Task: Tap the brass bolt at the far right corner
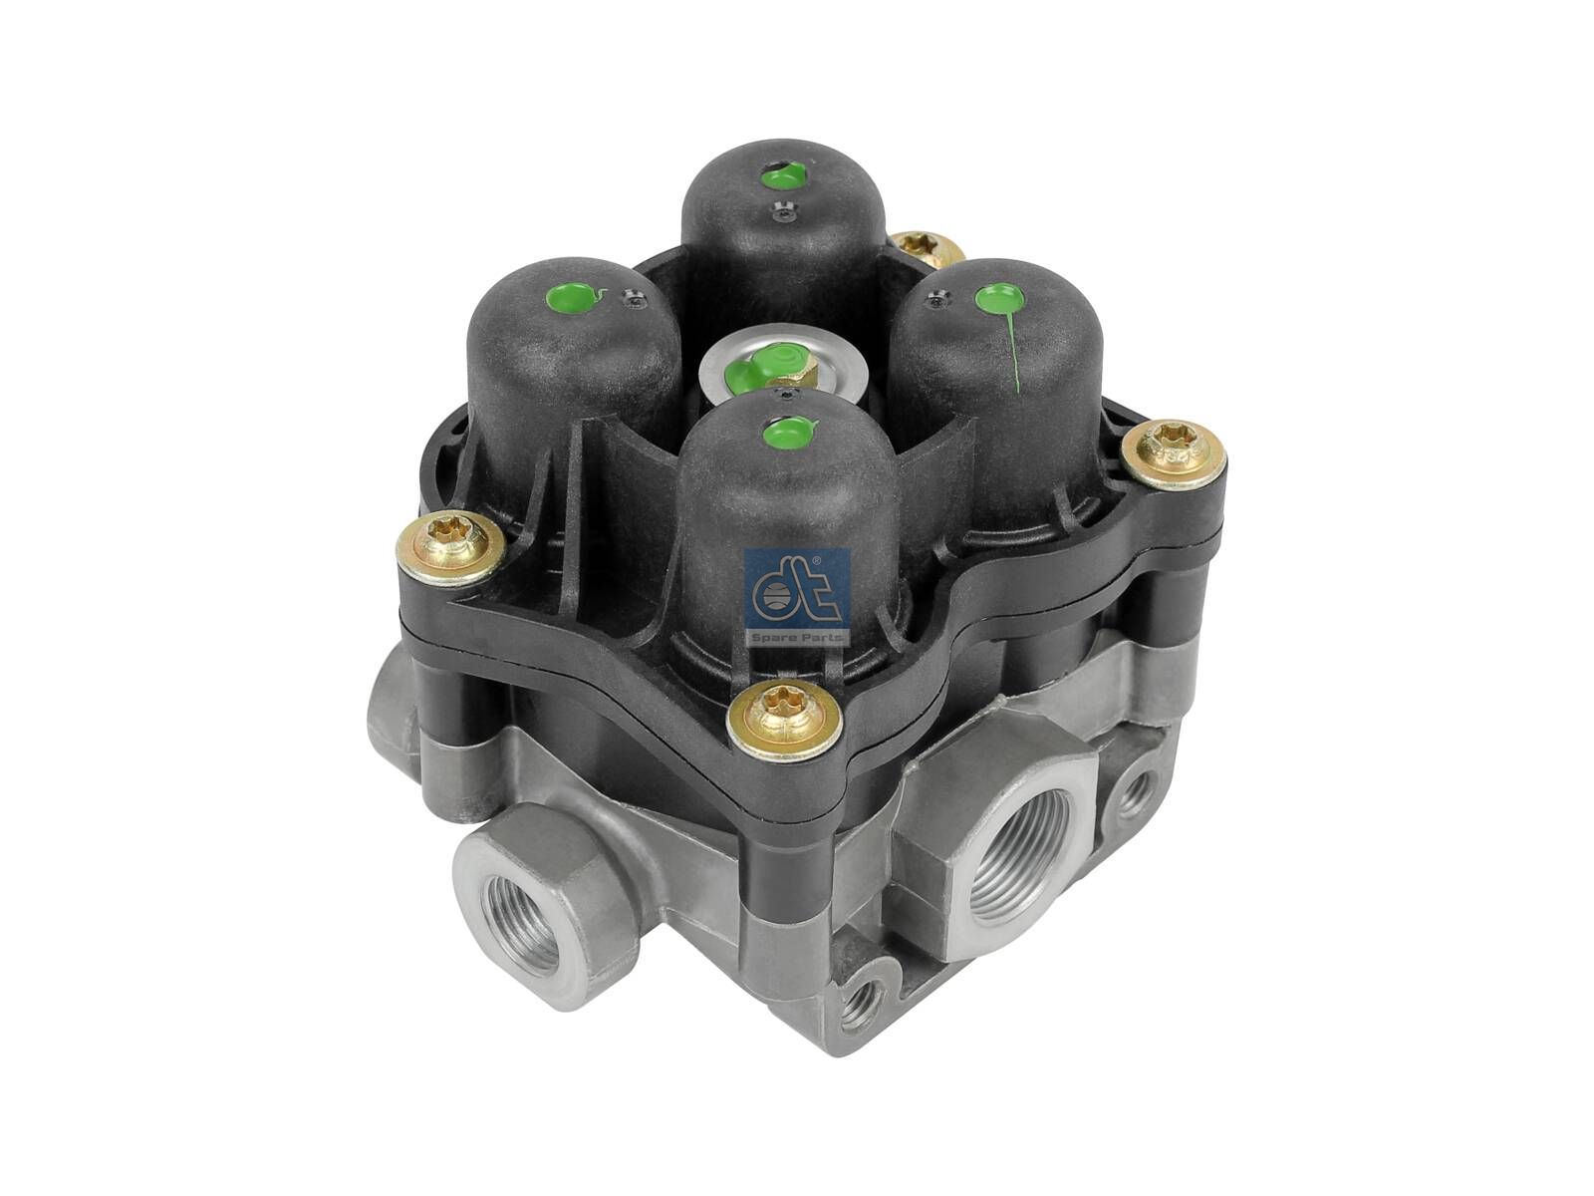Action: point(1174,455)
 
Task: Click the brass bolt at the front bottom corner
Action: point(782,718)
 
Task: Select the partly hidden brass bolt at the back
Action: point(925,247)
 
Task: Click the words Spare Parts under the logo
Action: point(797,635)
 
